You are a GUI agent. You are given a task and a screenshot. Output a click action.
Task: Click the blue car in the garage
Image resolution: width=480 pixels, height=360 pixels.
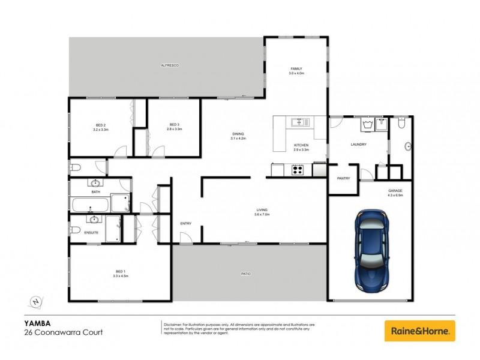pyautogui.click(x=370, y=250)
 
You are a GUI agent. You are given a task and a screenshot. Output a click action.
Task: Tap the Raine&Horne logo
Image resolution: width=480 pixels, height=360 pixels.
pyautogui.click(x=419, y=331)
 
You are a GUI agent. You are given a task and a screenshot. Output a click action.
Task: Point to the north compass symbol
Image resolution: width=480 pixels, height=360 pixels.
pyautogui.click(x=37, y=301)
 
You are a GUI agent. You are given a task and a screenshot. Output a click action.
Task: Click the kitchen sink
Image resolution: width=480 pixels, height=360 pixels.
pyautogui.click(x=299, y=122)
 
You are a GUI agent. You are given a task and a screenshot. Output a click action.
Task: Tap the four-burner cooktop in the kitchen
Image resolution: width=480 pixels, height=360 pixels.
pyautogui.click(x=298, y=170)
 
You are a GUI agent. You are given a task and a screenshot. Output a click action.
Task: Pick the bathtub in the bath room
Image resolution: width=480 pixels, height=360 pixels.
pyautogui.click(x=91, y=205)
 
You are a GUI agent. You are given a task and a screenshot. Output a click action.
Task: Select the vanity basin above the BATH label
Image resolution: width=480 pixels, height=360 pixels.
pyautogui.click(x=95, y=183)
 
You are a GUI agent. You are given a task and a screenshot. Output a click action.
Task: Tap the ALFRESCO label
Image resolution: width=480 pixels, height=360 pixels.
pyautogui.click(x=169, y=64)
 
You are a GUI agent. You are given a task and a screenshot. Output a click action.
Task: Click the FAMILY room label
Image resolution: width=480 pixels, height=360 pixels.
pyautogui.click(x=296, y=69)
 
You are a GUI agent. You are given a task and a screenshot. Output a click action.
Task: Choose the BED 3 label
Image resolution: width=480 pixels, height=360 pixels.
pyautogui.click(x=173, y=125)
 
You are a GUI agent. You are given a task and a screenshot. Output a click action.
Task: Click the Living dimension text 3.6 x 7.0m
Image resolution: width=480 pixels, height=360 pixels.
pyautogui.click(x=262, y=214)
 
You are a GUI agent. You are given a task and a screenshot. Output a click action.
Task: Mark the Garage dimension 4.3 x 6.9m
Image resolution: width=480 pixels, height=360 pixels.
pyautogui.click(x=395, y=196)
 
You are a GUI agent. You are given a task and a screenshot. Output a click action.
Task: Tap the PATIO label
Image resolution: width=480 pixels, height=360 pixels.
pyautogui.click(x=246, y=274)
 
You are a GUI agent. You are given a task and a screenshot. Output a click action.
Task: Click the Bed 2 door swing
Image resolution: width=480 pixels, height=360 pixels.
pyautogui.click(x=121, y=151)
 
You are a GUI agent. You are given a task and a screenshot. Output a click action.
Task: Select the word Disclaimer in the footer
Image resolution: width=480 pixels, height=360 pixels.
pyautogui.click(x=173, y=324)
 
